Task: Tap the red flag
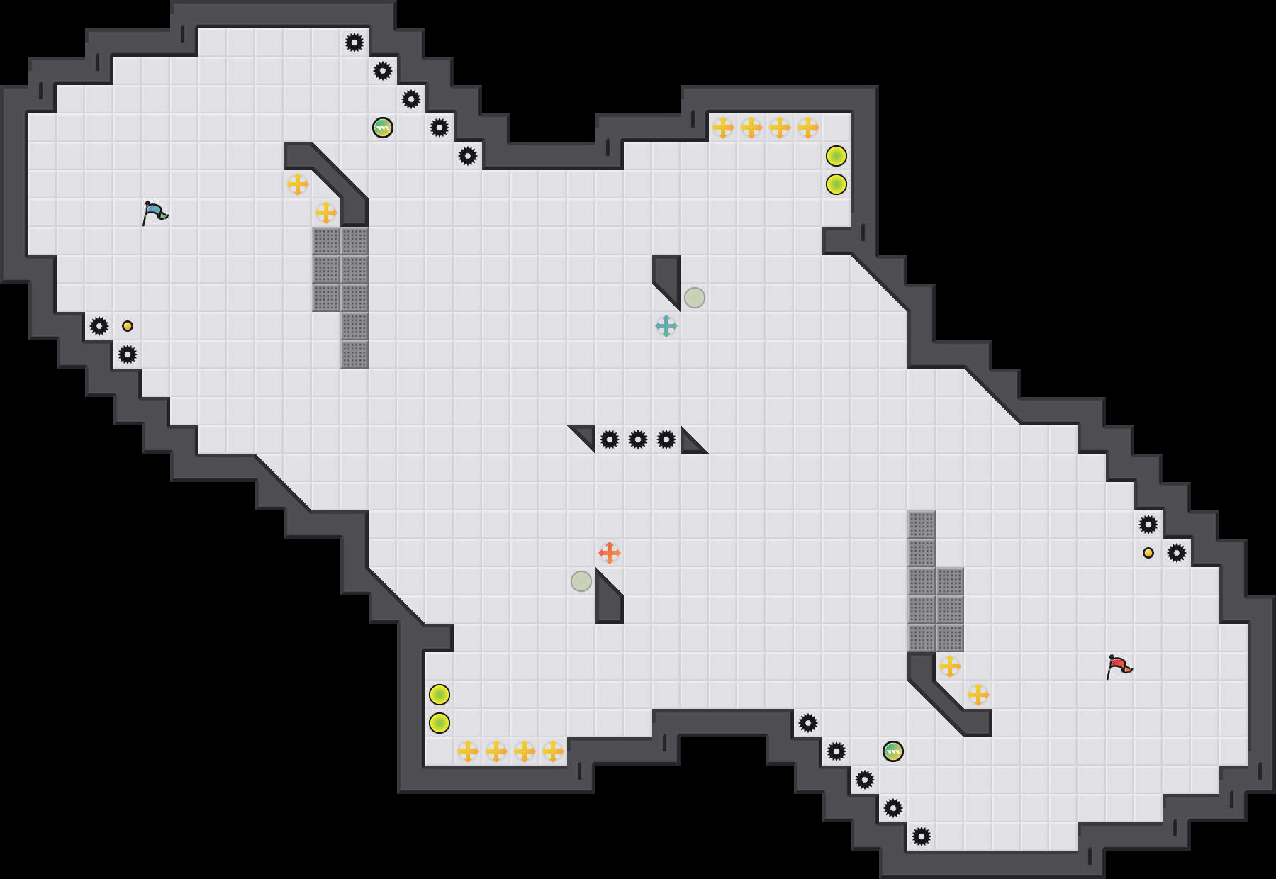click(x=1119, y=666)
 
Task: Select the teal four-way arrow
click(x=666, y=326)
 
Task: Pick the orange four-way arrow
click(x=610, y=553)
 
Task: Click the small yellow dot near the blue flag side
click(x=128, y=326)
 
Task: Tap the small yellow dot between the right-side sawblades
click(x=1148, y=553)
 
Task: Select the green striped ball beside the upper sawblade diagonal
click(x=383, y=128)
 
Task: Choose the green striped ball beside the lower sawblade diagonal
click(x=893, y=751)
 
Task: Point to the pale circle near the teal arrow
click(x=695, y=298)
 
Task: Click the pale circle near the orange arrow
click(x=581, y=581)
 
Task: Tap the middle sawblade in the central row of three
click(x=638, y=439)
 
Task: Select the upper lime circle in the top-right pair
click(x=836, y=156)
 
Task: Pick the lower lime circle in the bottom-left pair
click(x=440, y=723)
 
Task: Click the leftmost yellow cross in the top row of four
click(x=723, y=128)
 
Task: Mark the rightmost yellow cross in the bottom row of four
click(x=553, y=751)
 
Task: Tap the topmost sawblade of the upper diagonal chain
click(x=354, y=43)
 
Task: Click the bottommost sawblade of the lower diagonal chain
click(x=922, y=836)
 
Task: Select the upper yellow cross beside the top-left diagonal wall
click(x=298, y=184)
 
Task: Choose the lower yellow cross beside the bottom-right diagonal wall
click(x=978, y=695)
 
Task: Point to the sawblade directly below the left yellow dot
click(x=128, y=354)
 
